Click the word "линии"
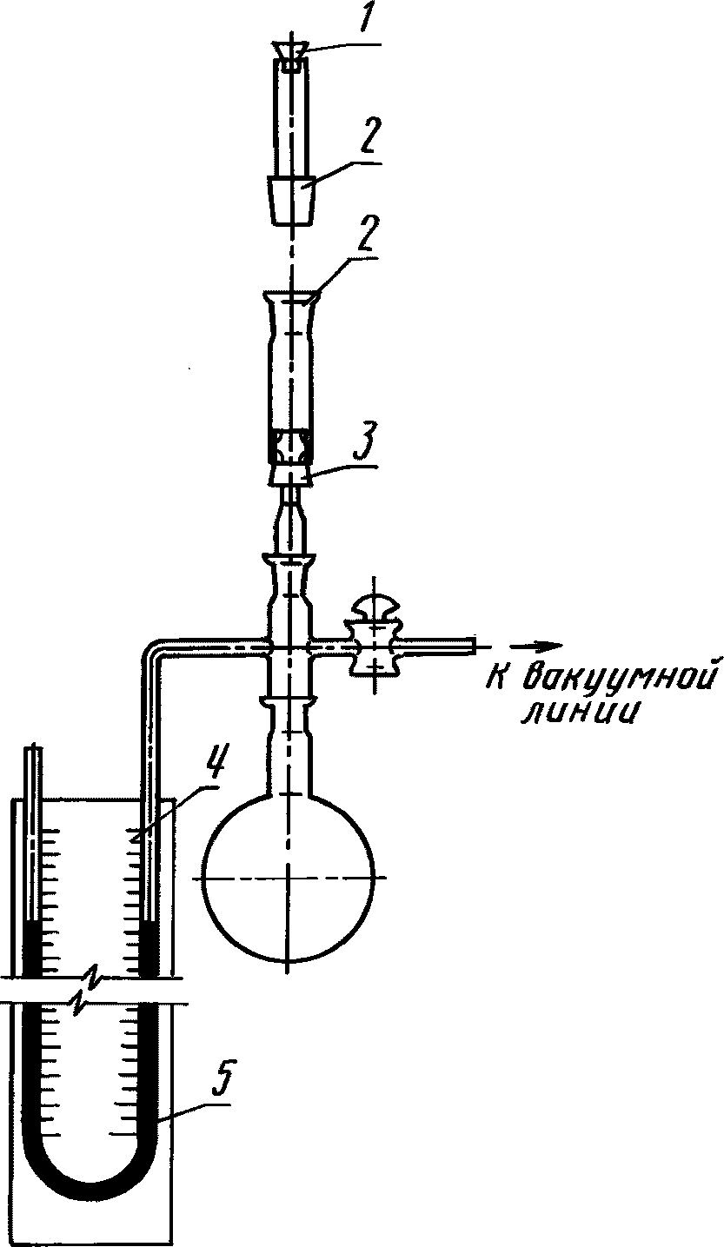pyautogui.click(x=578, y=712)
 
